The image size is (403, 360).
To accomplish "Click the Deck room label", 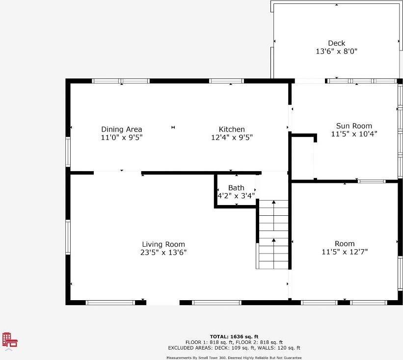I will click(336, 43).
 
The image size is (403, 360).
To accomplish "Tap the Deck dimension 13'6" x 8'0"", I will click(336, 51).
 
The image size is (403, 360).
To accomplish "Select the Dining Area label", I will click(122, 129).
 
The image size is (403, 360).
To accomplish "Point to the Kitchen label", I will click(232, 129).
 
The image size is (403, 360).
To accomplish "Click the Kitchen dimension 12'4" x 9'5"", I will click(232, 137).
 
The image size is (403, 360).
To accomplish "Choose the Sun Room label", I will click(354, 126).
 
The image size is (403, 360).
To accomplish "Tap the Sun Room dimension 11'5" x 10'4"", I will click(354, 133).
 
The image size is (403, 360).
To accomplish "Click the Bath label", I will click(236, 188).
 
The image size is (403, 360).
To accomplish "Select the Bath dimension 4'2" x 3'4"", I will click(236, 196).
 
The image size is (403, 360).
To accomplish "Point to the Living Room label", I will click(163, 244).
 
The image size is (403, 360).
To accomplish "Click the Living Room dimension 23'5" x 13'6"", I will click(163, 252).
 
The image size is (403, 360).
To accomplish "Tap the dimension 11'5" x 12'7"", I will click(344, 252).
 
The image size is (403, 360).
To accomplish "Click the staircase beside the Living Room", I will click(273, 234).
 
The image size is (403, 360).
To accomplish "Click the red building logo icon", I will click(10, 340).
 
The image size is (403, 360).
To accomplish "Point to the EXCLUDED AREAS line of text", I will click(234, 348).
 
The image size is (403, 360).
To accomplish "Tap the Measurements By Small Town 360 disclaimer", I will click(234, 358).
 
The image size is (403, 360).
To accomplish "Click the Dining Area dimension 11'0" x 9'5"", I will click(122, 137).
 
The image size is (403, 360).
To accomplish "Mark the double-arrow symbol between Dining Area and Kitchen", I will click(173, 128).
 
